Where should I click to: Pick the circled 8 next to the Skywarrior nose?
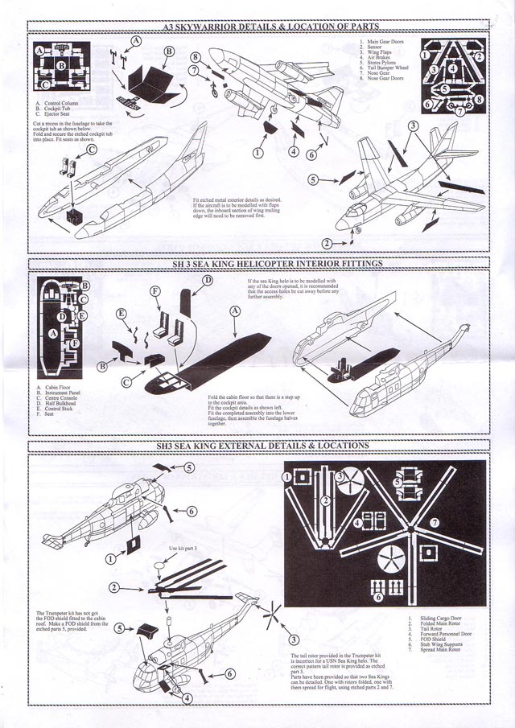[x=196, y=57]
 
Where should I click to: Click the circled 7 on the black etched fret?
[x=433, y=522]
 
